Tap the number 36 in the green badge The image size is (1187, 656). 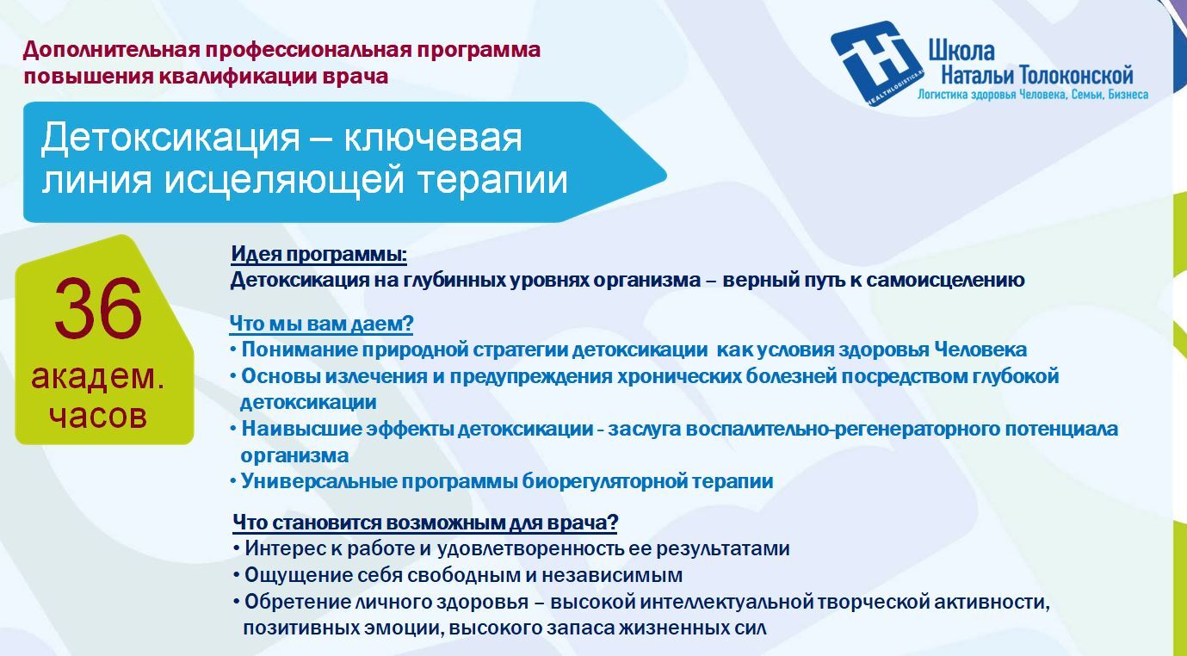98,309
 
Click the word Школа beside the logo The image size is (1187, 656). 961,51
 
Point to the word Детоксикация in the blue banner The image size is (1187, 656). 170,138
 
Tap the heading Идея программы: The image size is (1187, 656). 319,254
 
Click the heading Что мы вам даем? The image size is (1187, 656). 321,323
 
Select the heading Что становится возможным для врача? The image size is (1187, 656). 425,523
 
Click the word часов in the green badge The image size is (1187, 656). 98,416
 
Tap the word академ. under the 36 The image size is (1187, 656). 98,377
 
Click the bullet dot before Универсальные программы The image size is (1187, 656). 233,481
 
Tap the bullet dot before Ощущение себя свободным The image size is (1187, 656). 237,575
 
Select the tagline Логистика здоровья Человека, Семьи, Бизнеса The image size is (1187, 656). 1033,95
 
